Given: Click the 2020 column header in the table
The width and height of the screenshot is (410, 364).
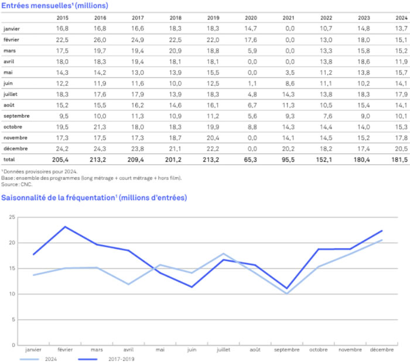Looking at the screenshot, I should (x=250, y=18).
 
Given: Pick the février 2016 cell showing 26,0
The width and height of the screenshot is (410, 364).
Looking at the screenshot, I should (x=100, y=39).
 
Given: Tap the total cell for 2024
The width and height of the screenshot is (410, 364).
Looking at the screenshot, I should (x=400, y=160).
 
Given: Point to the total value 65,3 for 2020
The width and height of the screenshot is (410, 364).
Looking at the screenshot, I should (x=250, y=160).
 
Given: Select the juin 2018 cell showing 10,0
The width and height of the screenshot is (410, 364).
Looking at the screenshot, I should (x=176, y=83).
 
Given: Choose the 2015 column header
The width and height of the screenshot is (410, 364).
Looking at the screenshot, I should (x=63, y=18).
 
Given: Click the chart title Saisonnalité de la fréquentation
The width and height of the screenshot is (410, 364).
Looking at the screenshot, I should (x=59, y=198).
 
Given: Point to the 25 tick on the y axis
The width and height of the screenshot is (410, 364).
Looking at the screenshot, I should (x=11, y=217).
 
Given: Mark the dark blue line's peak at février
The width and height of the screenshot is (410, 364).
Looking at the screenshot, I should (x=66, y=226).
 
